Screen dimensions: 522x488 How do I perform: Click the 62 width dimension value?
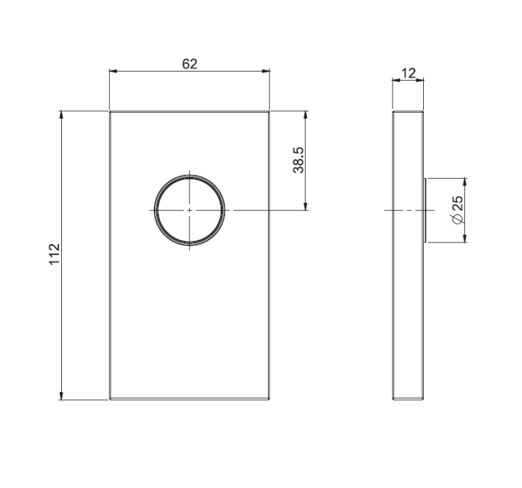(190, 64)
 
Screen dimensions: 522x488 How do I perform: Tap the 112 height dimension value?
(54, 254)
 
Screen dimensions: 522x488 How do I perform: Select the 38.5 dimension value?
(299, 160)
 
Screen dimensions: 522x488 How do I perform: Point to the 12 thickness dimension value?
(409, 73)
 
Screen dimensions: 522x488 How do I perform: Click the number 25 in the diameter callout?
(459, 203)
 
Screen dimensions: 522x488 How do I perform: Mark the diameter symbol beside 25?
(458, 219)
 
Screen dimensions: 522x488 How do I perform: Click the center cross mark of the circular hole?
(189, 210)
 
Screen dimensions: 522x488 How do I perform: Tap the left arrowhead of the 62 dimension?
(113, 71)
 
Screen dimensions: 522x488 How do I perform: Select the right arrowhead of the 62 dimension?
(266, 71)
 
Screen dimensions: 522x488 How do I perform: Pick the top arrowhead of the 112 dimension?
(61, 115)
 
